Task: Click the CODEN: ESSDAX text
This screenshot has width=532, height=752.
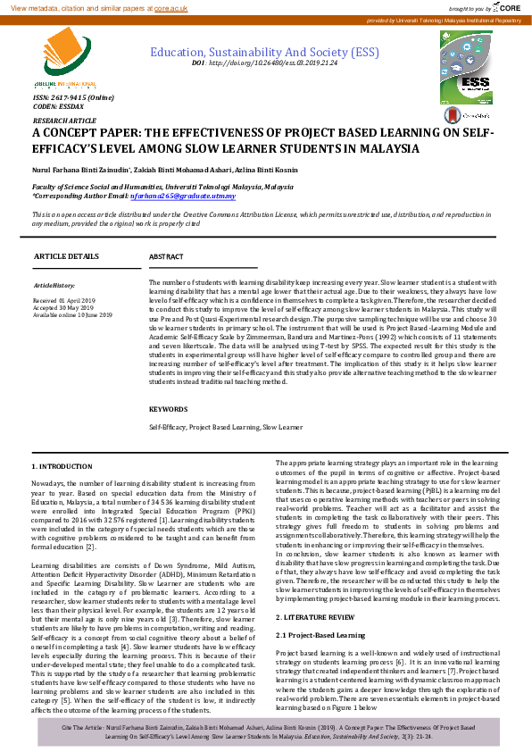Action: tap(56, 105)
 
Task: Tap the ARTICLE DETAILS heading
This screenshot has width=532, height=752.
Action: tap(66, 256)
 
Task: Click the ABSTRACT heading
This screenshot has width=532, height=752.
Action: tap(166, 256)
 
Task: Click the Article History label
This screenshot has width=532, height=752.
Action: tap(56, 285)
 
